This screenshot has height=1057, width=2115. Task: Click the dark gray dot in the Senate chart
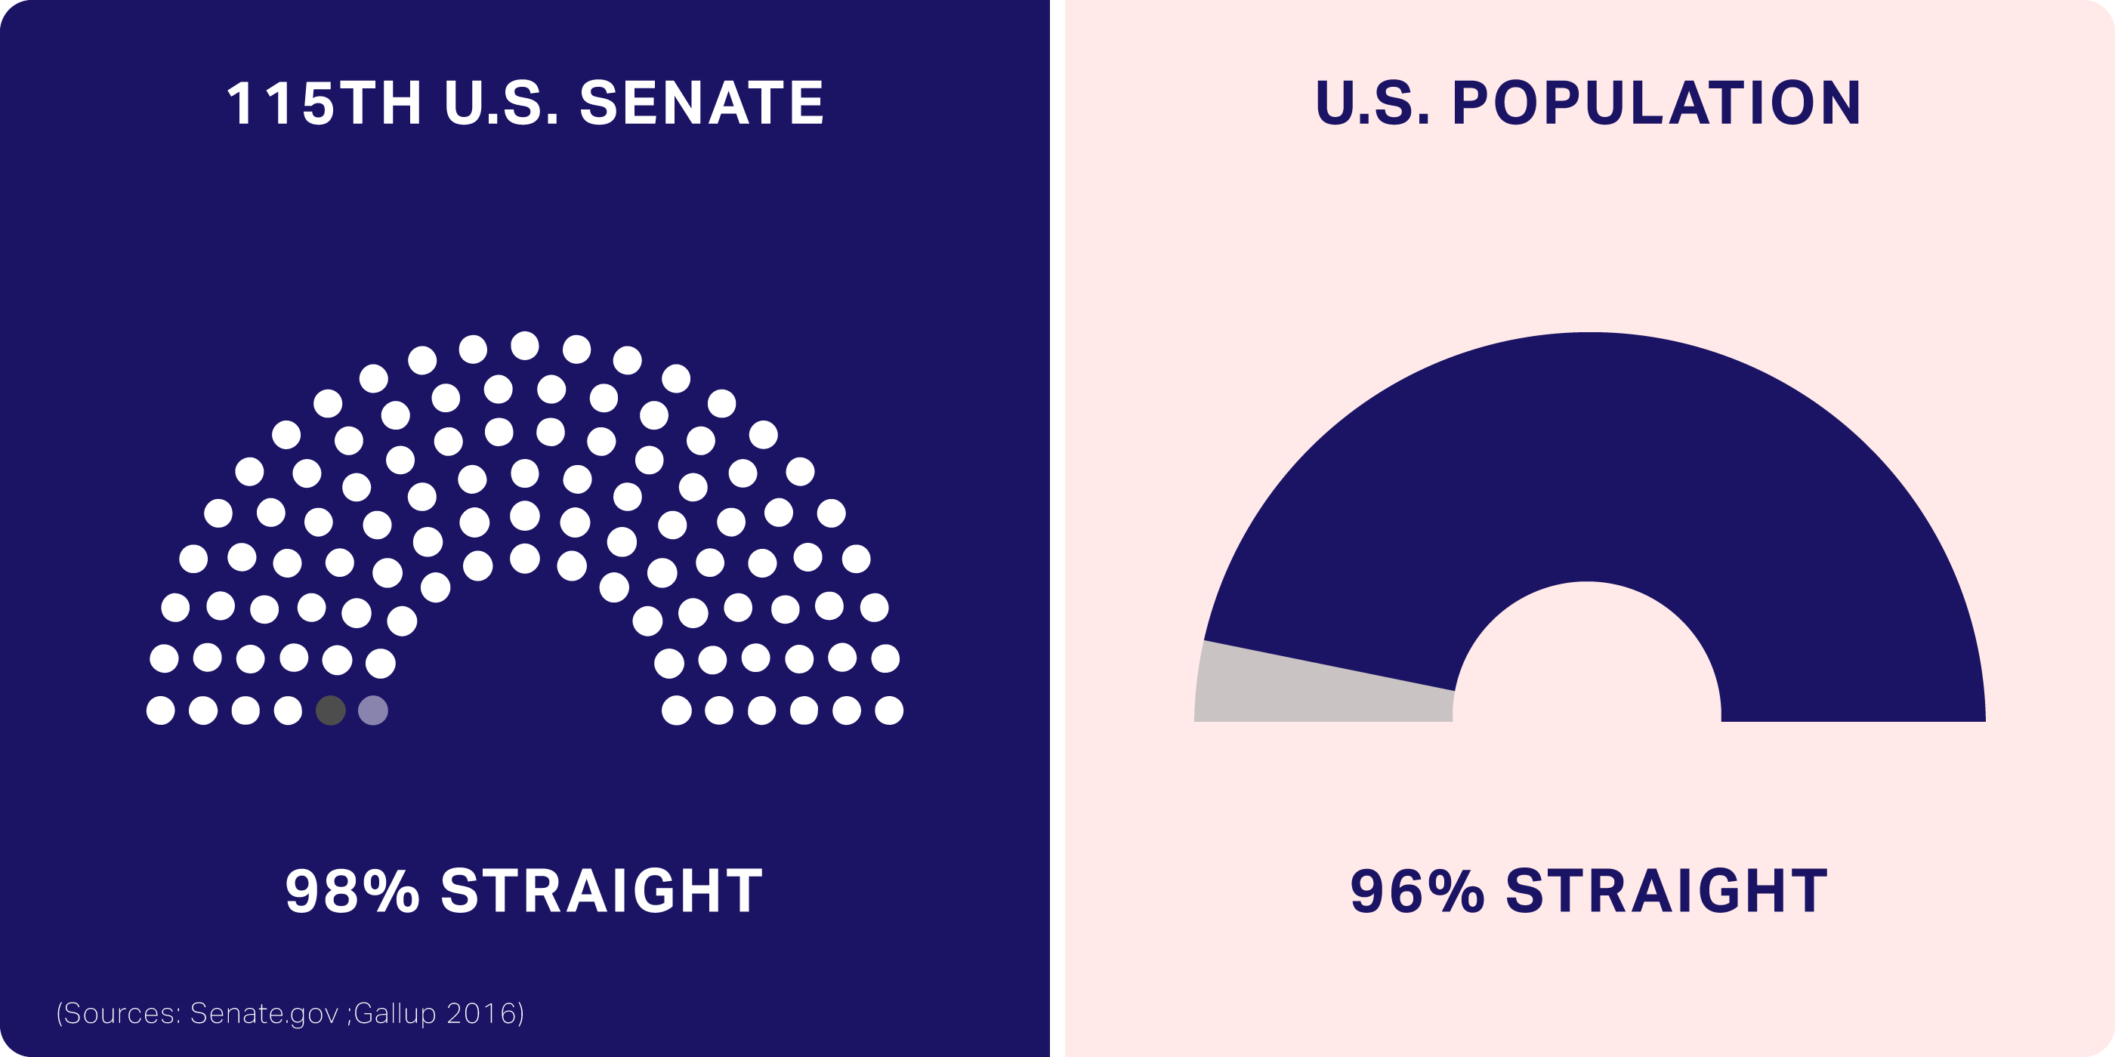pos(331,710)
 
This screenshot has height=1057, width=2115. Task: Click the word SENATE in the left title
pos(702,103)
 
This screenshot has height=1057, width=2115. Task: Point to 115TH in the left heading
pos(324,103)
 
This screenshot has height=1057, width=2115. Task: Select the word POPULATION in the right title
pos(1656,103)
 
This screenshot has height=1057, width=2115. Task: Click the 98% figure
pos(352,891)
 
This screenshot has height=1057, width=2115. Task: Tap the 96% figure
pos(1417,891)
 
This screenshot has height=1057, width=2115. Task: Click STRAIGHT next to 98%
pos(602,891)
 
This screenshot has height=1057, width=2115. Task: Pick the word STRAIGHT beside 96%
pos(1667,891)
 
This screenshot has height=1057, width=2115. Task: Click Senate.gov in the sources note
pos(264,1014)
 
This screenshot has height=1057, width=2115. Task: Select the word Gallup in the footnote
pos(395,1014)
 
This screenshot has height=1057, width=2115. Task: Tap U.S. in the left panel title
pos(502,103)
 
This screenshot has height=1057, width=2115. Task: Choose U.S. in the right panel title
pos(1372,103)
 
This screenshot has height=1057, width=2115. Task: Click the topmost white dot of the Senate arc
pos(525,346)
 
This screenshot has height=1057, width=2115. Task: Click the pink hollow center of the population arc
pos(1587,657)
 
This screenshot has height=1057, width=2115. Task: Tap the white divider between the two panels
pos(1057,528)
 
